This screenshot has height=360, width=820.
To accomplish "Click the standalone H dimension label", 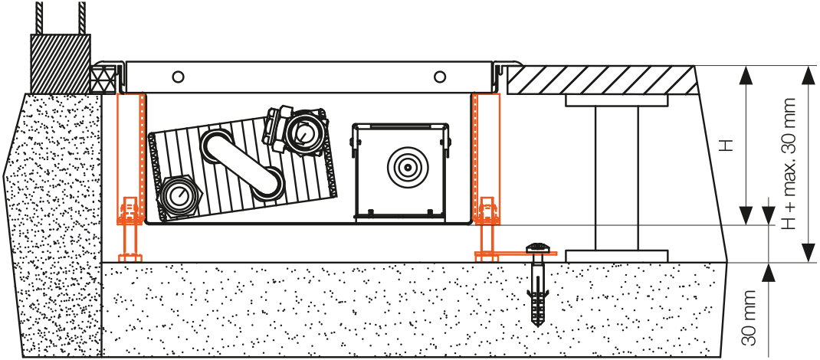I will pyautogui.click(x=729, y=145).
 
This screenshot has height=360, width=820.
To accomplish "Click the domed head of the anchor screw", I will pyautogui.click(x=540, y=247).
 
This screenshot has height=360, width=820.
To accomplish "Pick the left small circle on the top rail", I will pyautogui.click(x=178, y=77).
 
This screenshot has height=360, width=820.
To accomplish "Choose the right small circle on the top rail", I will pyautogui.click(x=439, y=77).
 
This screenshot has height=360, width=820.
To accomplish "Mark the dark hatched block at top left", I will pyautogui.click(x=60, y=63).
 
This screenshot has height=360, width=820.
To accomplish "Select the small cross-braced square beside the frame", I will pyautogui.click(x=102, y=77).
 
